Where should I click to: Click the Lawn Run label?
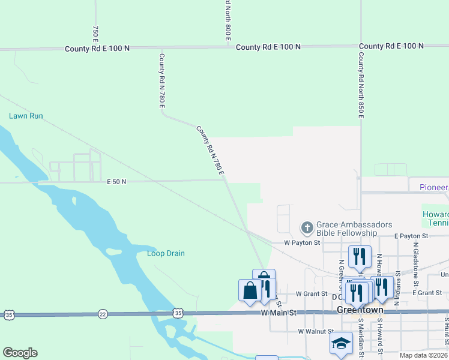tap(26, 116)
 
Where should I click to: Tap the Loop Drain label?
tap(166, 253)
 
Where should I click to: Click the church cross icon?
tap(307, 227)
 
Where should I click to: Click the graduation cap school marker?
tap(341, 344)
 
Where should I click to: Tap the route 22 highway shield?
tap(103, 314)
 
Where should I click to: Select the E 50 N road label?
tap(116, 181)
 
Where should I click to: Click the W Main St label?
tap(279, 313)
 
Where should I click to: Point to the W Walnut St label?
tap(316, 331)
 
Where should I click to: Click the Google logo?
tap(20, 353)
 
